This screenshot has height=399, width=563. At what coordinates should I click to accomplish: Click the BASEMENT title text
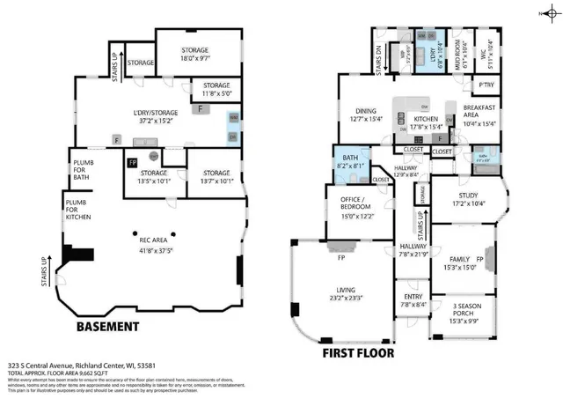[107, 327]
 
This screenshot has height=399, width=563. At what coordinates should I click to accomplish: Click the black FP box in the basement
[132, 163]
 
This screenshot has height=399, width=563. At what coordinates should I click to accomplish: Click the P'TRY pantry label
[485, 85]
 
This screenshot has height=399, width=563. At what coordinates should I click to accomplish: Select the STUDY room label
[470, 199]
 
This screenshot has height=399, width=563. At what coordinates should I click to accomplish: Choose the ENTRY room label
[412, 299]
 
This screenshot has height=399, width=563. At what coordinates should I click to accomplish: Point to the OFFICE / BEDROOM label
[357, 207]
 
